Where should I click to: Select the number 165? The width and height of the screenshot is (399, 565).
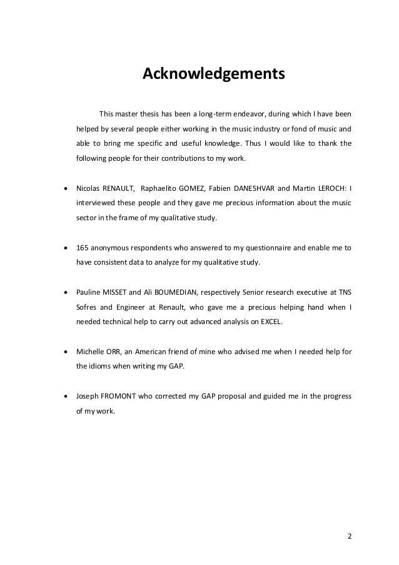pyautogui.click(x=83, y=248)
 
